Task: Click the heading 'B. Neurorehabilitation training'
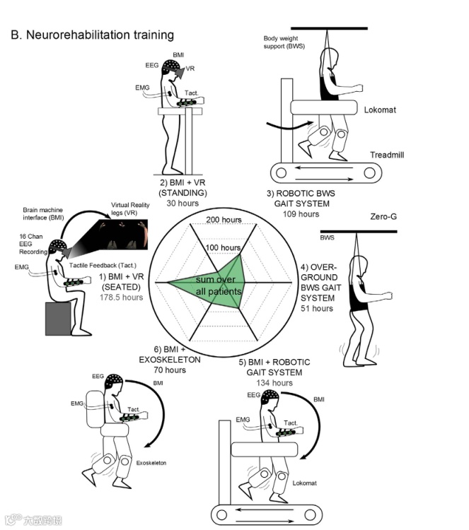pyautogui.click(x=92, y=35)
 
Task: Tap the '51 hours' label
pyautogui.click(x=316, y=308)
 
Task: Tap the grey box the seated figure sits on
pyautogui.click(x=59, y=319)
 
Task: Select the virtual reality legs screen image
pyautogui.click(x=118, y=235)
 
